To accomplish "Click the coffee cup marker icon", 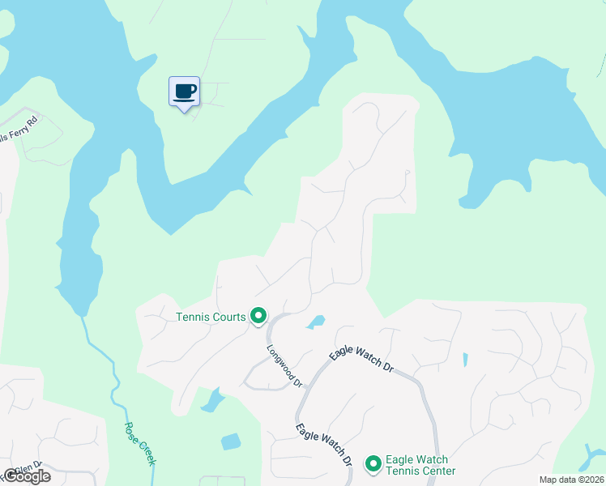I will pyautogui.click(x=184, y=90).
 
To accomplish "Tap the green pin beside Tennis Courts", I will pyautogui.click(x=258, y=315).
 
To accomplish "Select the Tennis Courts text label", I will pyautogui.click(x=211, y=317).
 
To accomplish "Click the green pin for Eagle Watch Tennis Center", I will pyautogui.click(x=373, y=463).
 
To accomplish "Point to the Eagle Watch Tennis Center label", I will pyautogui.click(x=420, y=465).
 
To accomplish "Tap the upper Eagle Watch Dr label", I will pyautogui.click(x=361, y=361).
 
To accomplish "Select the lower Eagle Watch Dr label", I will pyautogui.click(x=323, y=445).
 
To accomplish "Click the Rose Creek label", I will pyautogui.click(x=139, y=443).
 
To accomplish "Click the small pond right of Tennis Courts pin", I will pyautogui.click(x=316, y=322).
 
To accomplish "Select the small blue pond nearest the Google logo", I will pyautogui.click(x=231, y=442).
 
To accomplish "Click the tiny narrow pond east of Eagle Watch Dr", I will pyautogui.click(x=465, y=360).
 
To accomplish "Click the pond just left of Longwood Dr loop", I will pyautogui.click(x=213, y=399).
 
